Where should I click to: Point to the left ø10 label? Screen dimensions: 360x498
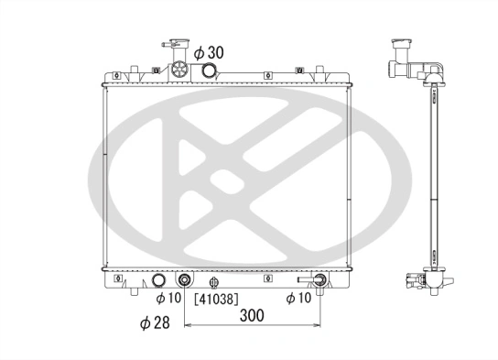point(169,298)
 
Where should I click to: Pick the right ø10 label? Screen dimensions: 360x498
point(302,298)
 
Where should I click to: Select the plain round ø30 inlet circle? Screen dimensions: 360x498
point(210,71)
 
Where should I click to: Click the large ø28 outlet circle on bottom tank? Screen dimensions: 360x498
point(158,281)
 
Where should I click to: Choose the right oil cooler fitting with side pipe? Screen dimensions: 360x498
point(319,280)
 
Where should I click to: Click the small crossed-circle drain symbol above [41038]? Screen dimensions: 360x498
point(213,282)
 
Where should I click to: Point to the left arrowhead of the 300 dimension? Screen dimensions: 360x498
point(188,324)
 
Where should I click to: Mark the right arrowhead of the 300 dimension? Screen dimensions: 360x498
point(318,324)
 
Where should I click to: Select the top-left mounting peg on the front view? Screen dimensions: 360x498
point(135,69)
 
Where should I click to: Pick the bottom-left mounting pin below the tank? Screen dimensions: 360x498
point(135,291)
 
